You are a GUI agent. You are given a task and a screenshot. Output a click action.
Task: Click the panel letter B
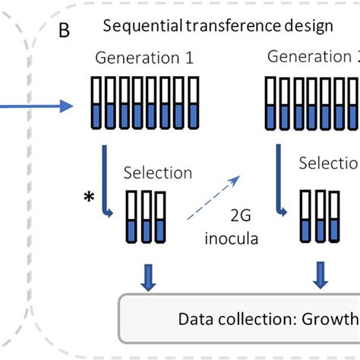(x=65, y=31)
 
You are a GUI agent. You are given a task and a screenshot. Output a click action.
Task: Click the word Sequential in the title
(x=136, y=27)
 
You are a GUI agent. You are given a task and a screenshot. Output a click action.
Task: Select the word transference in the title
(x=223, y=27)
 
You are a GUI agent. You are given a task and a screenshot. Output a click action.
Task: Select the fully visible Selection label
(x=158, y=172)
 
